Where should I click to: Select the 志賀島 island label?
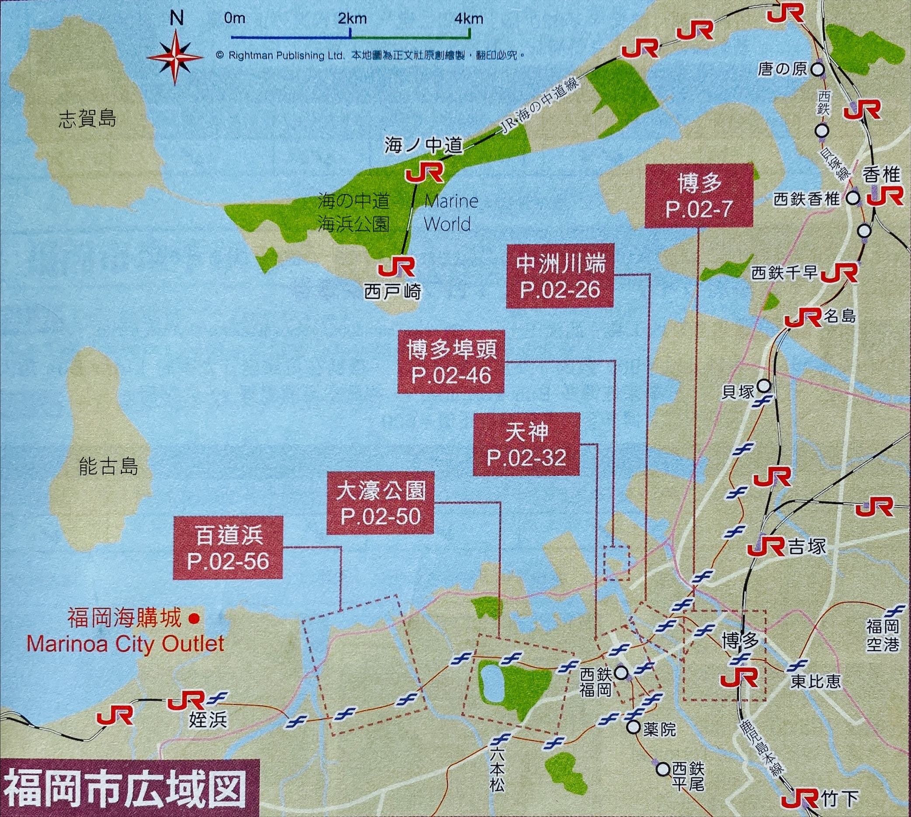87,120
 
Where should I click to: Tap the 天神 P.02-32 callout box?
526,444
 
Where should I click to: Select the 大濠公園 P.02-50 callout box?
380,503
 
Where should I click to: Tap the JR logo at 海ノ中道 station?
425,173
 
